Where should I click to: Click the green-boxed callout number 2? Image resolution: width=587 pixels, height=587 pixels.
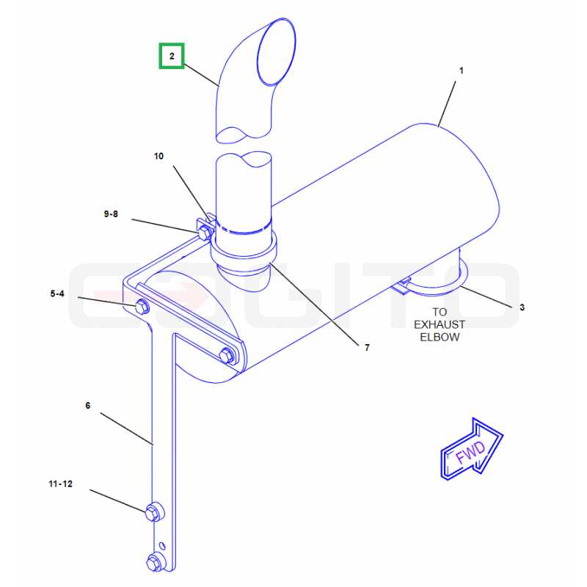(x=172, y=56)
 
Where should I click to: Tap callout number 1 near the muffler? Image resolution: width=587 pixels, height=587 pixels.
(x=462, y=70)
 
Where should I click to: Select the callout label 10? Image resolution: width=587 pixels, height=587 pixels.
(x=158, y=156)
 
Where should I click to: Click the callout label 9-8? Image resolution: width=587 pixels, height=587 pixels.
(x=111, y=214)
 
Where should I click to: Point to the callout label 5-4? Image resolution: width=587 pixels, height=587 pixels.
(x=57, y=293)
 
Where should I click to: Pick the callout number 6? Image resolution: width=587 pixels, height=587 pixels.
(x=88, y=406)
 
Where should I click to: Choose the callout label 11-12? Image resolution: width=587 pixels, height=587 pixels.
(x=61, y=484)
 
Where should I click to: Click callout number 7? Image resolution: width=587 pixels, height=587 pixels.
(x=367, y=347)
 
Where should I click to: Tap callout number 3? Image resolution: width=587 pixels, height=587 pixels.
(x=522, y=307)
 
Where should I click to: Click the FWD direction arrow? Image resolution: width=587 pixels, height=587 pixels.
(x=472, y=449)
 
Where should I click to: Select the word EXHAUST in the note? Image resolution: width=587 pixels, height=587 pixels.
(x=440, y=324)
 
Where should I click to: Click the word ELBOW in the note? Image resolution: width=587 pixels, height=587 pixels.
(x=440, y=337)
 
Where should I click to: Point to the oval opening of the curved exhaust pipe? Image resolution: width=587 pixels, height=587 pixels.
(x=277, y=52)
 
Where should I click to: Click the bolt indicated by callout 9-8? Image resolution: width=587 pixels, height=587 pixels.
(x=204, y=233)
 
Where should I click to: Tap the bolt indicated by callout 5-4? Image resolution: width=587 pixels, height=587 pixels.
(x=142, y=307)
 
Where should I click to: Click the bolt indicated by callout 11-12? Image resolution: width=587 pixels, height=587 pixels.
(x=153, y=511)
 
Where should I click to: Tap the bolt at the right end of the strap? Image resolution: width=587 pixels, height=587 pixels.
(x=227, y=355)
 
